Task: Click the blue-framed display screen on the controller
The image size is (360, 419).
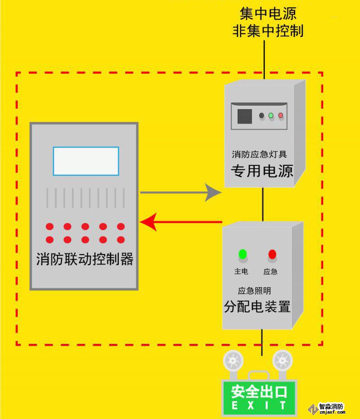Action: [x=86, y=161]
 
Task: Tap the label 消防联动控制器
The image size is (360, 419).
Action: [x=85, y=260]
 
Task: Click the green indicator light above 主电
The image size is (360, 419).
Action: [x=243, y=254]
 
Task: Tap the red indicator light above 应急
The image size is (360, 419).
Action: [x=272, y=254]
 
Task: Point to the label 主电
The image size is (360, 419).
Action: [x=241, y=272]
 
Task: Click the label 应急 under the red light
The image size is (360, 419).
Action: [x=270, y=272]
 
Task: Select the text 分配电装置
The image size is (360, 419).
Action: [x=257, y=307]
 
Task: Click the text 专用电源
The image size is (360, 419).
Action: [x=262, y=171]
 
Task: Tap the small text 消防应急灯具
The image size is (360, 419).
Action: [x=259, y=155]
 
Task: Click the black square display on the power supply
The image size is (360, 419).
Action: [x=244, y=116]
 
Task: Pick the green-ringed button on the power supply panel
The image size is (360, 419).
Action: [x=271, y=116]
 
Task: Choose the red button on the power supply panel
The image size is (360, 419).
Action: [x=281, y=116]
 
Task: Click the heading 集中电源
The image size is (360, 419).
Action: [x=268, y=13]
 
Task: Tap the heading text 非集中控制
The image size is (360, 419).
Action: [x=268, y=31]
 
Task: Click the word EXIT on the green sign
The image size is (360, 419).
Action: [x=259, y=406]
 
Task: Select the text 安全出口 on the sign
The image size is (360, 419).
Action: [x=259, y=392]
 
